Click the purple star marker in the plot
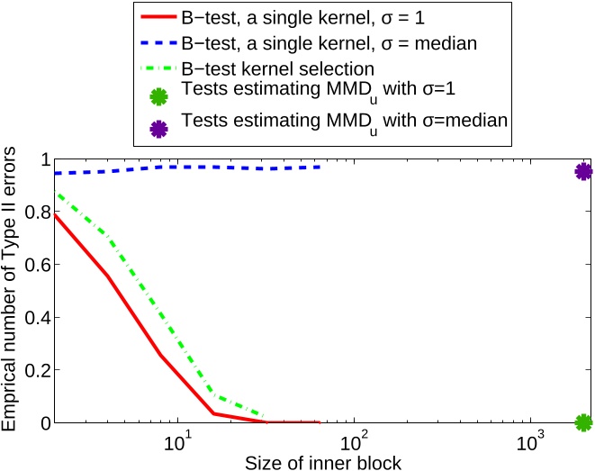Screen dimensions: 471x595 click(x=583, y=172)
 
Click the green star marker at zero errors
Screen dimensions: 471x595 click(x=583, y=422)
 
